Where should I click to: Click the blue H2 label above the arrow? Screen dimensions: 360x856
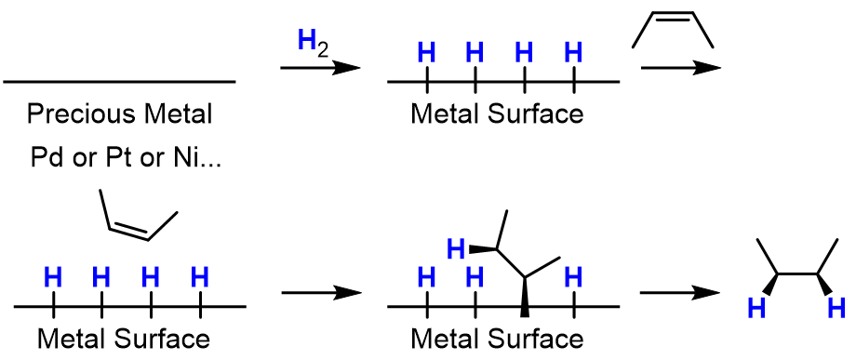311,43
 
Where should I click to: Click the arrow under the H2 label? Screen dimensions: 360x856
319,68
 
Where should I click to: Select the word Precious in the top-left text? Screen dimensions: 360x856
74,114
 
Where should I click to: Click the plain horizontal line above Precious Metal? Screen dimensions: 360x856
119,82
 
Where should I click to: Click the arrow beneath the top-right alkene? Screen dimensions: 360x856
680,68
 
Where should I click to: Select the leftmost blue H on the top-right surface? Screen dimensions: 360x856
426,51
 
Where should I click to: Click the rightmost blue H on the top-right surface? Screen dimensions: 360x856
574,51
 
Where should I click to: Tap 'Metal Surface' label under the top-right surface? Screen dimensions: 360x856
497,114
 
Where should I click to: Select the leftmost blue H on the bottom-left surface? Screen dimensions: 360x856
53,276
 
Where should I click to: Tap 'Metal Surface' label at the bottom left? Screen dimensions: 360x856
123,337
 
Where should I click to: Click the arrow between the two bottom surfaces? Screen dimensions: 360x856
319,293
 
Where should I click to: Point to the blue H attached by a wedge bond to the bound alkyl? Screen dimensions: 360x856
455,248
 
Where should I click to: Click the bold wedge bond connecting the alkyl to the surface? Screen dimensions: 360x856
525,295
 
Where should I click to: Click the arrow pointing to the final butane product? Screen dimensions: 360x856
680,293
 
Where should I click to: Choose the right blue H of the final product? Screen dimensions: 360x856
836,307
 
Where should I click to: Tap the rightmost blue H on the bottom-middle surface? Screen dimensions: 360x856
574,276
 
